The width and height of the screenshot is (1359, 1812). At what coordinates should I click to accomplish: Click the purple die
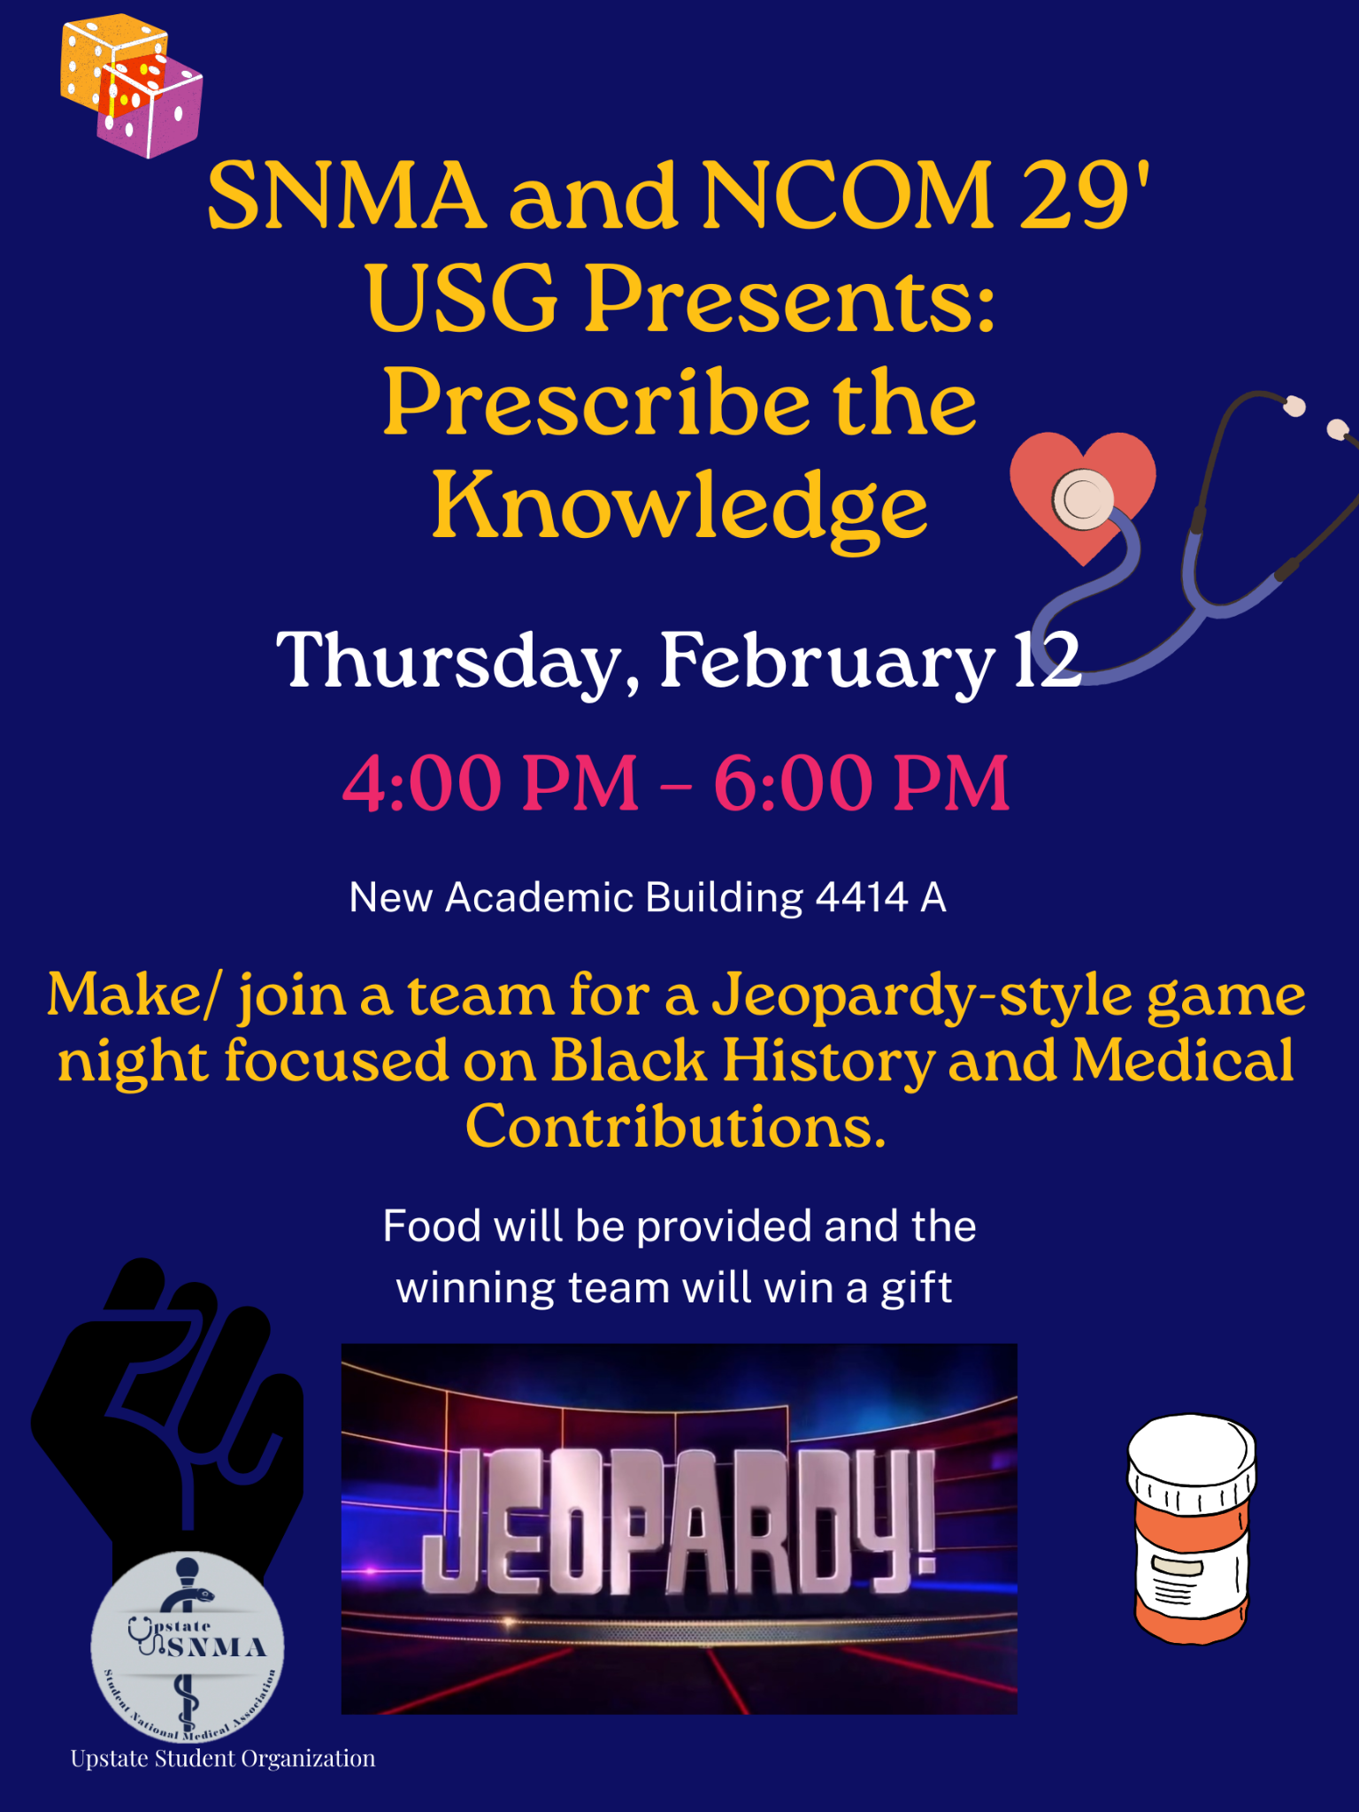152,110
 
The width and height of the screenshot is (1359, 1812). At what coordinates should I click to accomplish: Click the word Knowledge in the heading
679,506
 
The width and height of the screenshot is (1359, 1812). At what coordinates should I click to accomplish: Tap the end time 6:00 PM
862,782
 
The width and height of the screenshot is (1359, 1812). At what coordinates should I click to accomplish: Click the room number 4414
862,897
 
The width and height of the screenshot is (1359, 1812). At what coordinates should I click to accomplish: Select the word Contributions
676,1126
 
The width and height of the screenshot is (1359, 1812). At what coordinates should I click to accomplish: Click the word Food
433,1226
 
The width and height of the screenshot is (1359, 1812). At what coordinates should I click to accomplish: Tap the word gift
917,1289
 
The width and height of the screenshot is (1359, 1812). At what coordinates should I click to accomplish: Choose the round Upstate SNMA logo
188,1646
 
